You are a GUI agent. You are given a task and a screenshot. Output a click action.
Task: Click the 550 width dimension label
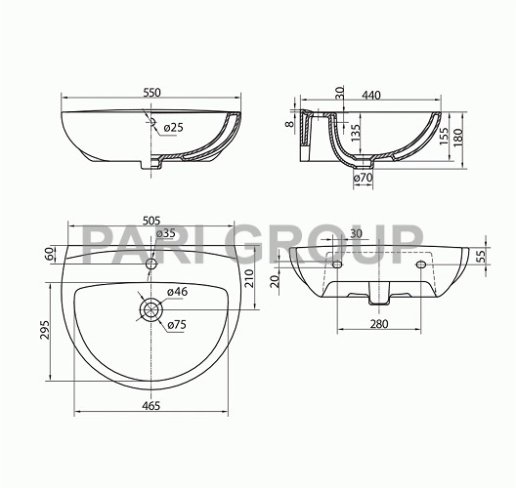coord(152,93)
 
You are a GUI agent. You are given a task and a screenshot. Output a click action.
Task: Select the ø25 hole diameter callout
coord(173,128)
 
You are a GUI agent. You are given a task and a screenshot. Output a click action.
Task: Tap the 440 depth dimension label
coord(371,95)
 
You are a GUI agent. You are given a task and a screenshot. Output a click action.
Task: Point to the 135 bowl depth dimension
coord(356,133)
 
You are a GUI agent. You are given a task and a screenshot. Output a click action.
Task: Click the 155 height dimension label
coord(444,136)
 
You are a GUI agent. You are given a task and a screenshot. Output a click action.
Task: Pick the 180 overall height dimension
coord(457,138)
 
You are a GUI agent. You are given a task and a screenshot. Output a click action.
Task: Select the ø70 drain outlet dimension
coord(363,178)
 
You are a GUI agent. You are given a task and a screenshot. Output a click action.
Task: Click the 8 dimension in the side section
coord(289,124)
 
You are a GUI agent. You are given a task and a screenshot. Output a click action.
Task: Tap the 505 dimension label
coord(151,221)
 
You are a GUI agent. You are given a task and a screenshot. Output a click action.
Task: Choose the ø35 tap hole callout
coord(165,233)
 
